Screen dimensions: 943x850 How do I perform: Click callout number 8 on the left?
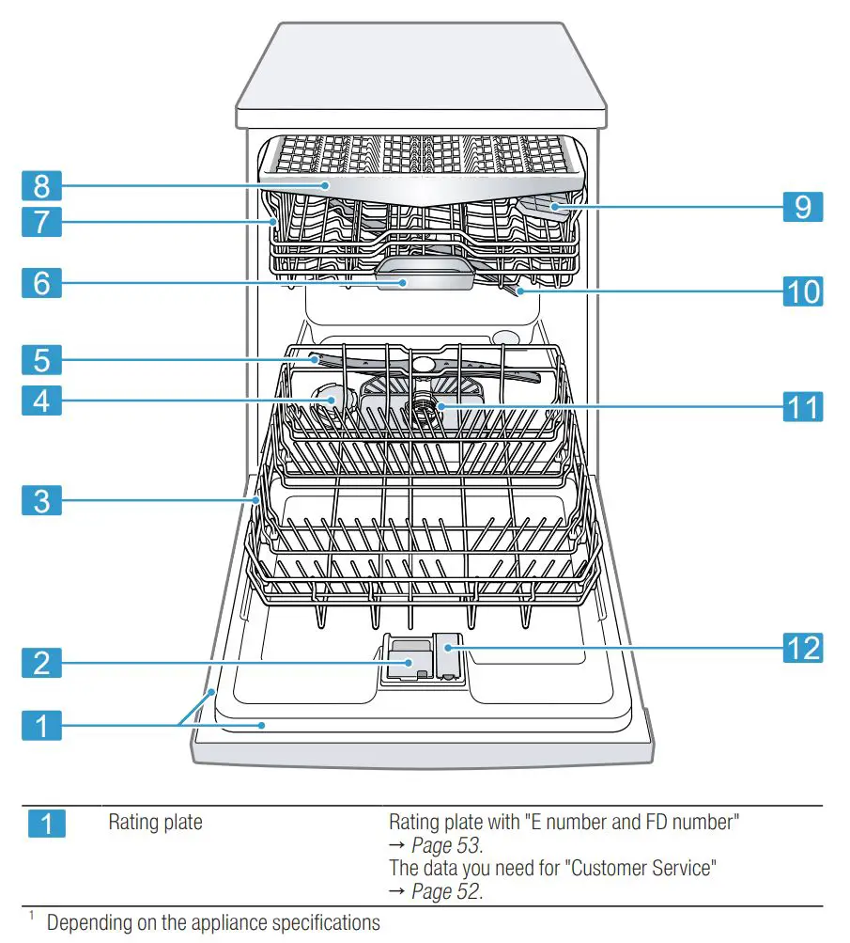41,184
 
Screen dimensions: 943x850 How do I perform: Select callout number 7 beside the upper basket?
41,222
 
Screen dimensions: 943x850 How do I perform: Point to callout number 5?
41,358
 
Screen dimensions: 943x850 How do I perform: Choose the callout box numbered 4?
41,400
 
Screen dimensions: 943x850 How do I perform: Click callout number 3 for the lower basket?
41,500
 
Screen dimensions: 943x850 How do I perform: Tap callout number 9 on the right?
802,206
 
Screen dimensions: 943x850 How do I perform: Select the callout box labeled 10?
802,291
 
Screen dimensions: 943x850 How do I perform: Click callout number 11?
802,406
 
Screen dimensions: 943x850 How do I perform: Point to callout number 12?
802,648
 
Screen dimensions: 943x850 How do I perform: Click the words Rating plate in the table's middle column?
155,823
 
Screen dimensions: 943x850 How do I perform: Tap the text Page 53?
446,845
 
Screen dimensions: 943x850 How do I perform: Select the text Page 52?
446,890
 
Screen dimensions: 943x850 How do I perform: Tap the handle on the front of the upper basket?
405,281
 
